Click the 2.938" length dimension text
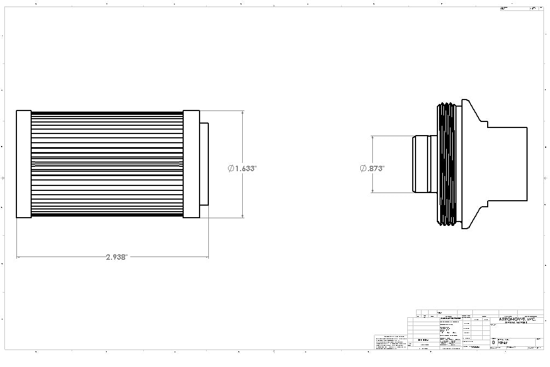116,257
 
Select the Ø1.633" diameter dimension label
242,168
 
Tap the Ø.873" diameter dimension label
372,168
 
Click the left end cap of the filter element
24,164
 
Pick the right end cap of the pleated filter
191,164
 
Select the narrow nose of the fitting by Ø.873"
420,164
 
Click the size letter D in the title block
494,342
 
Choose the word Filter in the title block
502,342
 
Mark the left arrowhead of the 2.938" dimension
19,256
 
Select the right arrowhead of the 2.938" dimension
206,256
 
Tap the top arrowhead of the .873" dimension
372,138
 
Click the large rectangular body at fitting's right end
508,164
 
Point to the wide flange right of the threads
467,164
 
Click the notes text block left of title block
390,342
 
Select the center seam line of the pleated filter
107,164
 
